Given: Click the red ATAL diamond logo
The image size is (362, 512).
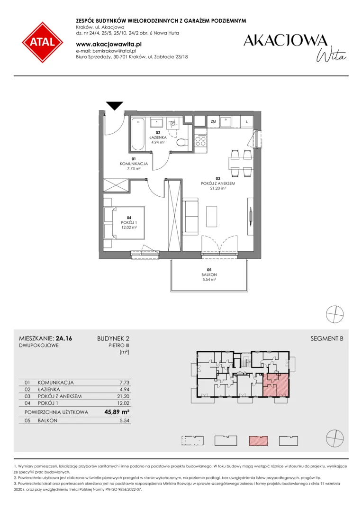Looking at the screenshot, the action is coord(43,43).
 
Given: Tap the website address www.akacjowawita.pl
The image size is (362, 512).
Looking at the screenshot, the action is coord(109,44).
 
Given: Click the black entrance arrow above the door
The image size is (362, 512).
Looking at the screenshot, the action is coord(115,106).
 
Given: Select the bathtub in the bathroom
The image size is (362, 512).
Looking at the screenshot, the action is coord(138,134).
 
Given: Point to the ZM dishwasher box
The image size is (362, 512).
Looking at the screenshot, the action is coord(214,122).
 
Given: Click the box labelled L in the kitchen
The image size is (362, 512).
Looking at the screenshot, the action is coord(247,122).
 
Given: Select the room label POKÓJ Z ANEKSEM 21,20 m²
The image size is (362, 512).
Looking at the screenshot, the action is coord(218,183).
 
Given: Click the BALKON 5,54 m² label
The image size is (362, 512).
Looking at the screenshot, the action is coord(209,274).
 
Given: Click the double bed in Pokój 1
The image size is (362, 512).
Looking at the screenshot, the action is coord(124,223).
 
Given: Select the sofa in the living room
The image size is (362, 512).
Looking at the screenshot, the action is coord(190,216).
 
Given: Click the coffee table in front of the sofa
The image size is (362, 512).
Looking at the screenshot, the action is coord(212,216).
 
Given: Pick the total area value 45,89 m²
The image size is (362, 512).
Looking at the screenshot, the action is coord(117,412).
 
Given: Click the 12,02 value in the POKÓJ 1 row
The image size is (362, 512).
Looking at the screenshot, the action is coord(124,403).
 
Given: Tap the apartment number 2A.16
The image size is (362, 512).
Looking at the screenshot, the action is coord(64,338).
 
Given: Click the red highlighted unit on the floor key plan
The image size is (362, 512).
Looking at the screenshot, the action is coord(276,385).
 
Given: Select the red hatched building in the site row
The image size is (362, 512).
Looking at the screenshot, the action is coord(258,441).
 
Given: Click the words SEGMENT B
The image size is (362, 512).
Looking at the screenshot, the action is coord(327,338).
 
